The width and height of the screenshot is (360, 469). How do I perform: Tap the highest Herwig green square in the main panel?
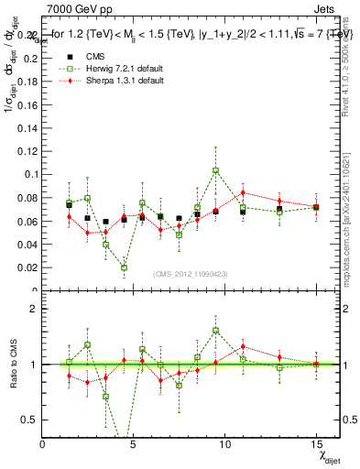(215, 170)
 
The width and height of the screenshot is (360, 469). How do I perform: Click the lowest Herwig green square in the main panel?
(124, 267)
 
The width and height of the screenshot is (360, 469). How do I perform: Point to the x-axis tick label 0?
(42, 444)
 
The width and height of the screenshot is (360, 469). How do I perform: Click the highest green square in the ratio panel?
(215, 331)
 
